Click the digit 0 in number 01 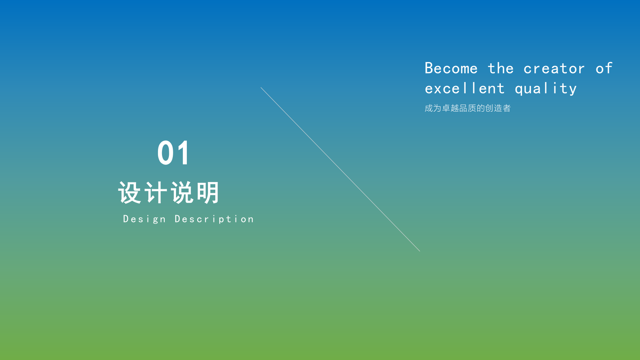tap(165, 153)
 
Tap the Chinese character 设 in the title tap(130, 193)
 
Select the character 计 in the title tap(155, 193)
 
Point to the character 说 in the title tap(182, 193)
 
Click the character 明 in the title tap(208, 193)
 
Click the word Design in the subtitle tap(144, 219)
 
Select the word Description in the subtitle tap(214, 219)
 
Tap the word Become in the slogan tap(451, 68)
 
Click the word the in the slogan tap(500, 68)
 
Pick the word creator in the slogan tap(554, 69)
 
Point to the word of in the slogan tap(604, 68)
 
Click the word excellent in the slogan tap(464, 88)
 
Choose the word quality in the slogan tap(546, 89)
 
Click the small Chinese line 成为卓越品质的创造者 tap(467, 108)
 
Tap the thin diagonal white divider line tap(340, 169)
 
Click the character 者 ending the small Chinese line tap(507, 108)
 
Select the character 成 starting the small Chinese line tap(428, 108)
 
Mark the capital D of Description tap(178, 219)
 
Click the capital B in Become tap(429, 68)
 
